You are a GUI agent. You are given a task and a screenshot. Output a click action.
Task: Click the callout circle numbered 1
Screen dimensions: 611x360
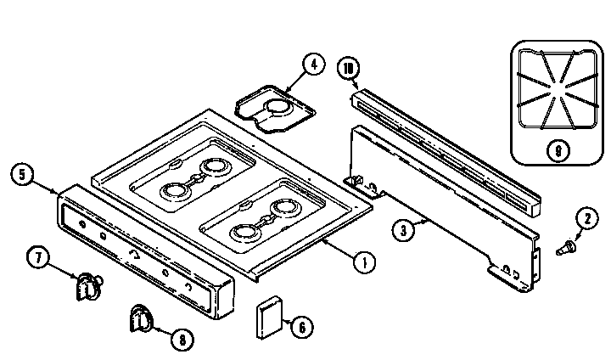click(362, 262)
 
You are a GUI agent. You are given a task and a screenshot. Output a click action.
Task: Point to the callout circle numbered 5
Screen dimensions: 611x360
click(24, 176)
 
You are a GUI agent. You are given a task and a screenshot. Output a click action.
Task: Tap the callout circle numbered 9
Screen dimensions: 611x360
click(555, 151)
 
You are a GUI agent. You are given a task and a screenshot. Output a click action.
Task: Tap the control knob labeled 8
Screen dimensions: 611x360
click(141, 319)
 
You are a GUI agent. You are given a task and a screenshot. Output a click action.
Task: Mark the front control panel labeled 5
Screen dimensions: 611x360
click(144, 255)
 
